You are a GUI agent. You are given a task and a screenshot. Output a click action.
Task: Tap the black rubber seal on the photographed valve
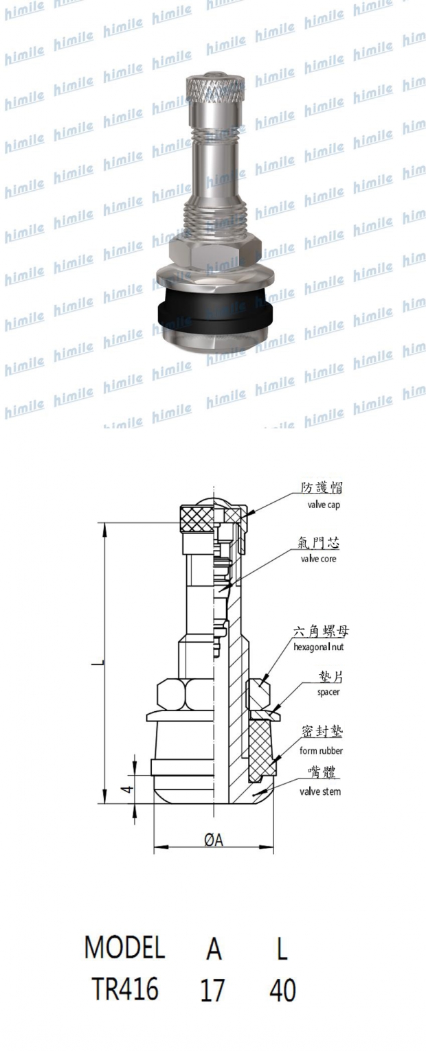[213, 312]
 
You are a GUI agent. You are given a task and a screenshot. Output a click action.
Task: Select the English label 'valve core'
[322, 558]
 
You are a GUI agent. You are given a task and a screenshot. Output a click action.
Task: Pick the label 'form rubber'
[322, 750]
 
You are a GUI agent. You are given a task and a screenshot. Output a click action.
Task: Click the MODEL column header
[124, 948]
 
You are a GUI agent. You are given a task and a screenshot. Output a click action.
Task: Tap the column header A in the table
[214, 948]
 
